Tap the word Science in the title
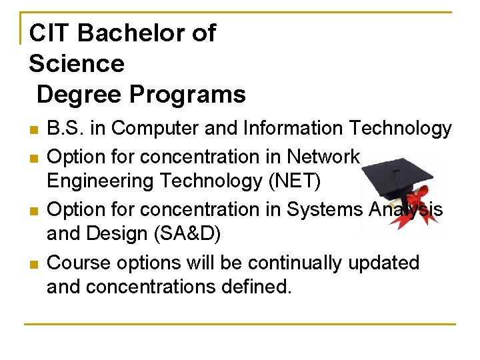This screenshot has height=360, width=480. point(77,64)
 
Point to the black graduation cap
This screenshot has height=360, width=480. point(397,175)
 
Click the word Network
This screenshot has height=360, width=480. point(323,156)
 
